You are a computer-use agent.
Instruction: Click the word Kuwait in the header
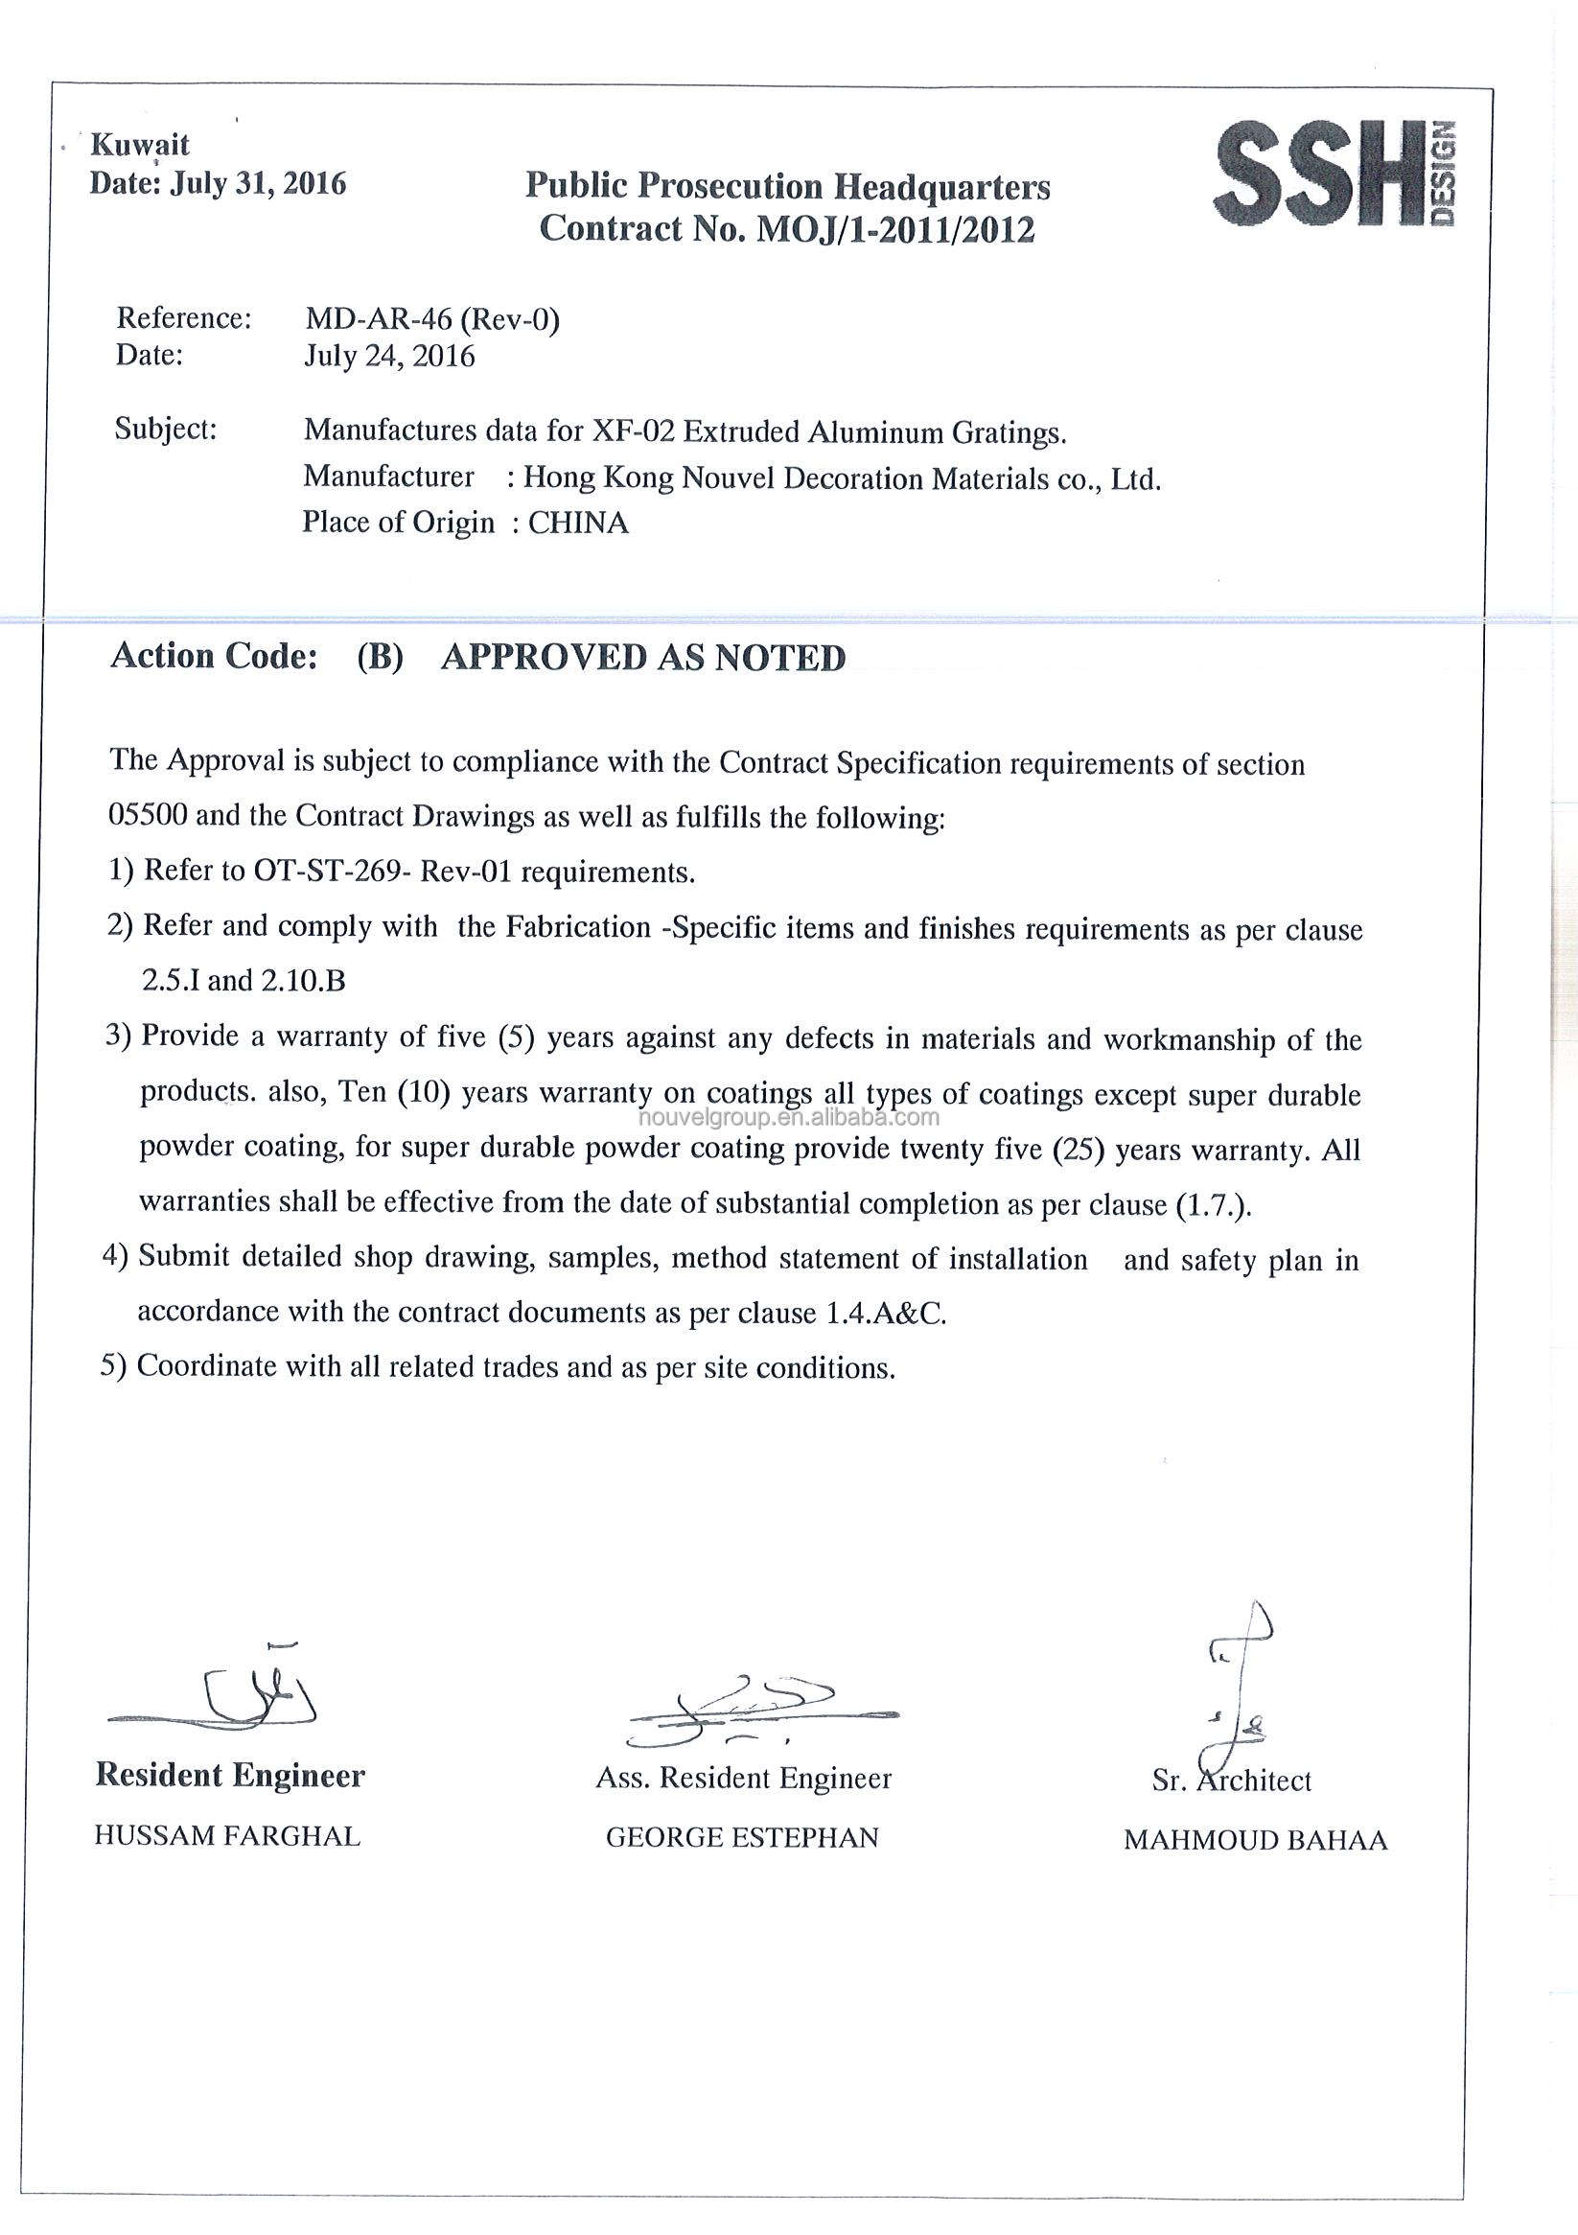click(x=139, y=145)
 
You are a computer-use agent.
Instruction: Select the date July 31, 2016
click(x=258, y=183)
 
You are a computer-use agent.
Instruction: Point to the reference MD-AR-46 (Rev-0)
click(x=432, y=318)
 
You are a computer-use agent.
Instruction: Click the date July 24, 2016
click(x=389, y=357)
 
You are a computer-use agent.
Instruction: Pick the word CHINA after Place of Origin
click(x=578, y=524)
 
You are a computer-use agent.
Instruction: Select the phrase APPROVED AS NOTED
click(x=643, y=658)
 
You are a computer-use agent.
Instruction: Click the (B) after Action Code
click(x=380, y=658)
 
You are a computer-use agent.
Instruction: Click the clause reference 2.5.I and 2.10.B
click(x=244, y=980)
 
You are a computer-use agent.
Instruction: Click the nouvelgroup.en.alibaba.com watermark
click(x=790, y=1118)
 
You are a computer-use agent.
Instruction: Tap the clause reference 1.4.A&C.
click(x=886, y=1315)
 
